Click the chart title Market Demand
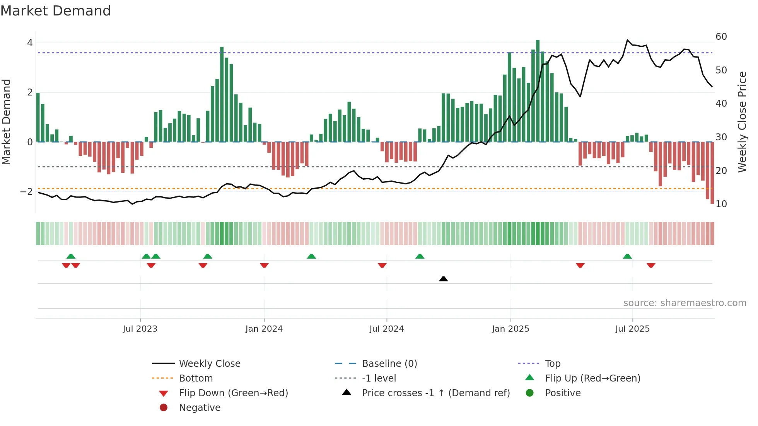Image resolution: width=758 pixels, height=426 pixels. (56, 11)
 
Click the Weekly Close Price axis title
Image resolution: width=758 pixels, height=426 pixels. (742, 122)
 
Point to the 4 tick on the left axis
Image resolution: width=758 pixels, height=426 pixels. (30, 43)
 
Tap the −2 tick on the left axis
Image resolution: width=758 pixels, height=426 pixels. (27, 192)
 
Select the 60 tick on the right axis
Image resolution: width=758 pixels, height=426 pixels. (721, 37)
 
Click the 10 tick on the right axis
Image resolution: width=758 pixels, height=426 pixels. (721, 204)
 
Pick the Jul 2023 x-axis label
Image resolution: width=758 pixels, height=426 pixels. (140, 329)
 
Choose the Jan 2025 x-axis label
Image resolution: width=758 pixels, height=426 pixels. (510, 329)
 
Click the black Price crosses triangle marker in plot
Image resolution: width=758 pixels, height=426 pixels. (444, 279)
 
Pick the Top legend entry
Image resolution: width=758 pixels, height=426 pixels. (552, 364)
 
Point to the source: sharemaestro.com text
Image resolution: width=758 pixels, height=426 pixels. (685, 303)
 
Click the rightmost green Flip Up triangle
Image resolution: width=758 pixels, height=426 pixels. (627, 256)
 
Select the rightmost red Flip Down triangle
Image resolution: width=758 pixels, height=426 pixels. (651, 265)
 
